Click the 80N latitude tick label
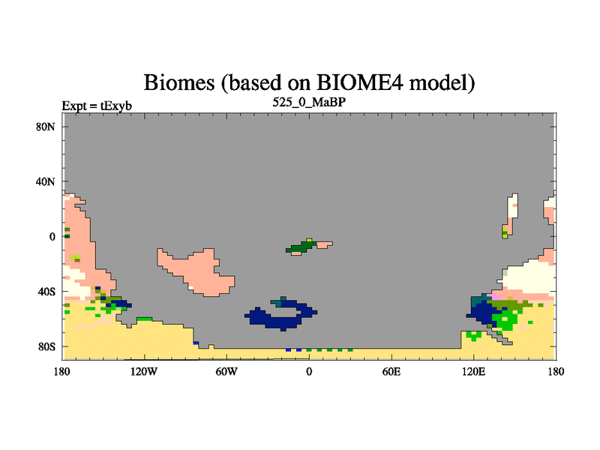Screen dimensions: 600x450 pos(46,127)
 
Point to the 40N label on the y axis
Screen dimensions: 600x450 pos(46,181)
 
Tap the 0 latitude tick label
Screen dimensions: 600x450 pos(52,237)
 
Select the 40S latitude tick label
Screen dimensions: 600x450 pos(46,292)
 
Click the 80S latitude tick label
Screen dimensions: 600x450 pos(46,347)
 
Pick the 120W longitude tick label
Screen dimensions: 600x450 pos(144,371)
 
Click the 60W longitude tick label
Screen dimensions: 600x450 pos(226,371)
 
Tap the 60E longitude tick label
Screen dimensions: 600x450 pos(391,371)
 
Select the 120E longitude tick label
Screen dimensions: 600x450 pos(474,371)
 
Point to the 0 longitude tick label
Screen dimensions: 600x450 pos(309,371)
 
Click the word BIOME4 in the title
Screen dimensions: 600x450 pos(360,82)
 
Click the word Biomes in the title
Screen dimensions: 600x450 pos(179,82)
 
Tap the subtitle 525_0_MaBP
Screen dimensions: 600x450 pos(309,103)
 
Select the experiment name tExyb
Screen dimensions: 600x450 pos(116,106)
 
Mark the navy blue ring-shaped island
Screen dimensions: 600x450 pos(281,325)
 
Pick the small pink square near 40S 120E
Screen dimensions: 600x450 pos(496,296)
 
